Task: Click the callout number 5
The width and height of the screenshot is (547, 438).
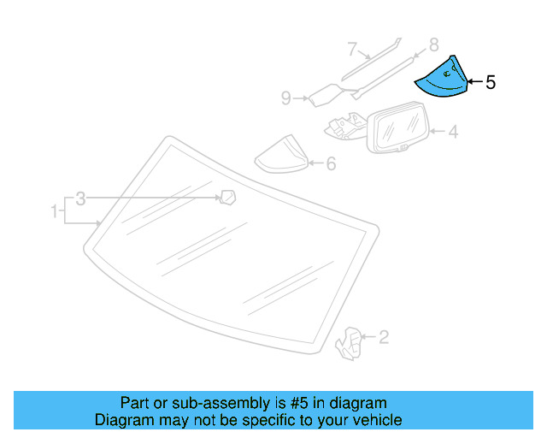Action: (490, 83)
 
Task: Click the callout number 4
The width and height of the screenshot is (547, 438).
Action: (453, 132)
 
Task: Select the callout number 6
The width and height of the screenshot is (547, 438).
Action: (330, 163)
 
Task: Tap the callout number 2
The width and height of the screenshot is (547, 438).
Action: (384, 338)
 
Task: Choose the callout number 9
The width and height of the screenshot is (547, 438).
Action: (286, 99)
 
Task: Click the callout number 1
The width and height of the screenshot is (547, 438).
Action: (54, 210)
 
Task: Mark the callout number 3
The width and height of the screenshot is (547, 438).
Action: (80, 198)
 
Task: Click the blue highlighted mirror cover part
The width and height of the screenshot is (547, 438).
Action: (442, 80)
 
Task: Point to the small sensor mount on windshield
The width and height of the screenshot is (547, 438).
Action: (227, 198)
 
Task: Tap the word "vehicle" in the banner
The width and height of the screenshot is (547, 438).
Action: (376, 420)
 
